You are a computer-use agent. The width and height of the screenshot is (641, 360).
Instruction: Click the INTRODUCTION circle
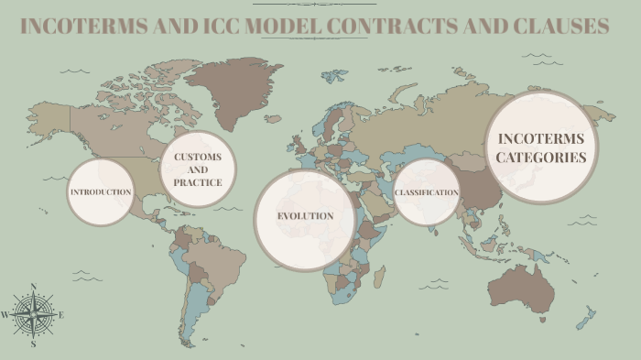point(101,192)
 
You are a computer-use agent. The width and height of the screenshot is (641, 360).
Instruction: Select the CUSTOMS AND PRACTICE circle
point(198,169)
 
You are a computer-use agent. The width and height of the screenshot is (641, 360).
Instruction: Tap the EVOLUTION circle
point(305,217)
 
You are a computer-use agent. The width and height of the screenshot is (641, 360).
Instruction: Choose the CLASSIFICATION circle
point(426,192)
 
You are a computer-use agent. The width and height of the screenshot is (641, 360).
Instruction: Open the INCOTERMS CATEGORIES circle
point(540,147)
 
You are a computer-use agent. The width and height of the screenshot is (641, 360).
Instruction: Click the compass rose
point(33,315)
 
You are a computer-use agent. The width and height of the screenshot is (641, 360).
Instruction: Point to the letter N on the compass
point(34,287)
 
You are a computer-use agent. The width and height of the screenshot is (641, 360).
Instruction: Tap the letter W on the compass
point(5,315)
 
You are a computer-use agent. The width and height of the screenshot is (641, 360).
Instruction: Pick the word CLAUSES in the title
point(560,26)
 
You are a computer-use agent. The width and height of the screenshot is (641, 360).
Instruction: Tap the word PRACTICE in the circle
point(198,182)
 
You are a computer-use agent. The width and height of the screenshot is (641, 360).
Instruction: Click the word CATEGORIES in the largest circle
point(540,158)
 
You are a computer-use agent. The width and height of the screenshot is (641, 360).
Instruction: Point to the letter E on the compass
point(61,315)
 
